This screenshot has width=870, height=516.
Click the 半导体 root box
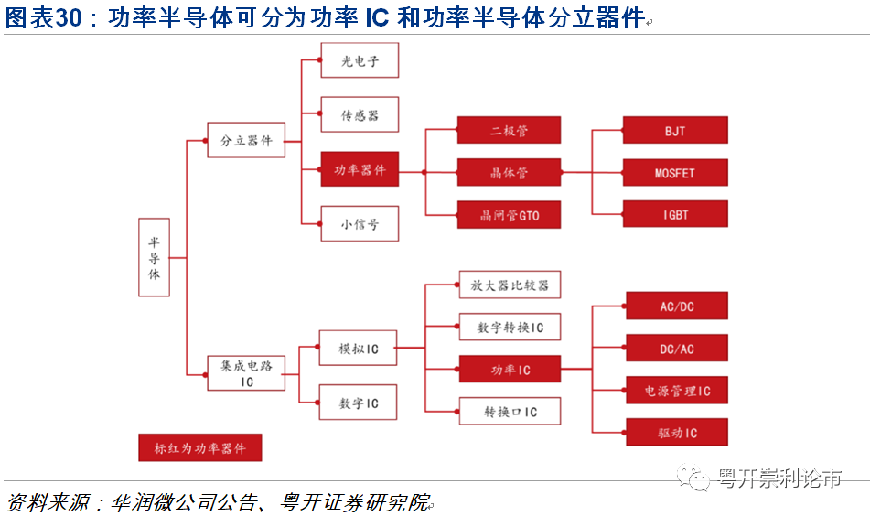coord(154,257)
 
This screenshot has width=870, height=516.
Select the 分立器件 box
coord(246,140)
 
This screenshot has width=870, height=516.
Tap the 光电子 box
coord(360,59)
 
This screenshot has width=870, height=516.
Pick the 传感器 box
coord(360,114)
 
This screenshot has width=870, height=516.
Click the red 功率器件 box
coord(360,168)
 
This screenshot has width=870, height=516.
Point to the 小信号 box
coord(360,223)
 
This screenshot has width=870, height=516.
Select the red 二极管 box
coord(509,130)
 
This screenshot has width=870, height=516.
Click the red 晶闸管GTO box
coord(509,215)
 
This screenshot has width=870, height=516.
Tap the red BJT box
coord(675,130)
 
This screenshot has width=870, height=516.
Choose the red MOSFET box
coord(675,172)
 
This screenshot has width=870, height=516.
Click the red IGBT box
coord(675,213)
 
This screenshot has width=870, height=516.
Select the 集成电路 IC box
coord(246,373)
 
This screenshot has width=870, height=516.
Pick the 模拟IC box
coord(358,348)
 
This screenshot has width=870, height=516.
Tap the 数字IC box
coord(358,402)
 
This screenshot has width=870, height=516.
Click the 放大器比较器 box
coord(510,285)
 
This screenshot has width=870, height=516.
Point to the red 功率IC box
coord(510,369)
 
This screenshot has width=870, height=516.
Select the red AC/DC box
coord(677,306)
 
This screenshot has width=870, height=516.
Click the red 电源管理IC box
coord(677,390)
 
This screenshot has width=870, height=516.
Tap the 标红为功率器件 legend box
coord(199,447)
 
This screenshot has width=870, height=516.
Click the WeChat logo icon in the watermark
coord(693,478)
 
